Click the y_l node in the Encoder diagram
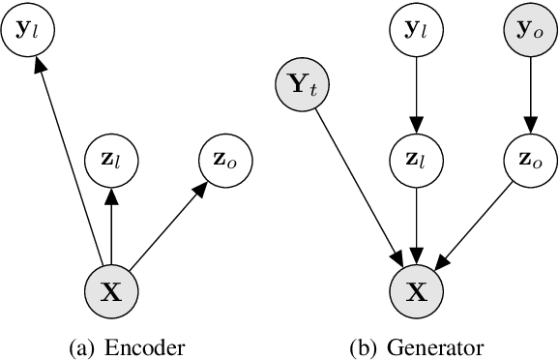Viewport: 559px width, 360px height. pyautogui.click(x=30, y=30)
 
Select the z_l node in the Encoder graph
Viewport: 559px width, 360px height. pyautogui.click(x=113, y=156)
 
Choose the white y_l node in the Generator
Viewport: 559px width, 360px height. pyautogui.click(x=417, y=30)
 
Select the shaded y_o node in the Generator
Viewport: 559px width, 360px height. pyautogui.click(x=528, y=30)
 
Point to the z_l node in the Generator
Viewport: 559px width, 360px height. pyautogui.click(x=417, y=156)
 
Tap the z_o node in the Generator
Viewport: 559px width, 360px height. pyautogui.click(x=528, y=156)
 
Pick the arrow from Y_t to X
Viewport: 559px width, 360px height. pyautogui.click(x=360, y=190)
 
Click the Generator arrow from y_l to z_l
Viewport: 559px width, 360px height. pyautogui.click(x=417, y=93)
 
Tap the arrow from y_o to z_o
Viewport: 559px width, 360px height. pyautogui.click(x=528, y=93)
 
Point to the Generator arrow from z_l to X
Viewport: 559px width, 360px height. pyautogui.click(x=417, y=223)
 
